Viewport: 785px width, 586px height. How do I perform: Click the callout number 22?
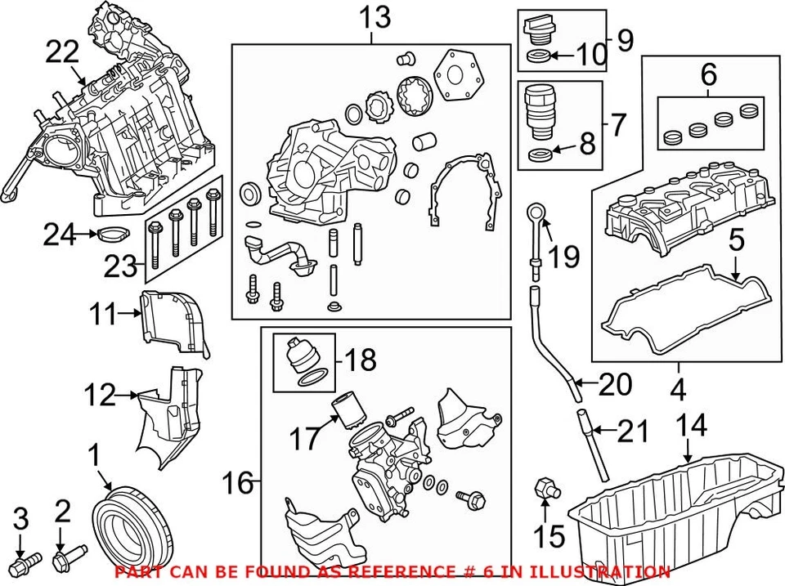pyautogui.click(x=62, y=53)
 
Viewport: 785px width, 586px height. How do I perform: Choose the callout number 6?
pyautogui.click(x=708, y=76)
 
